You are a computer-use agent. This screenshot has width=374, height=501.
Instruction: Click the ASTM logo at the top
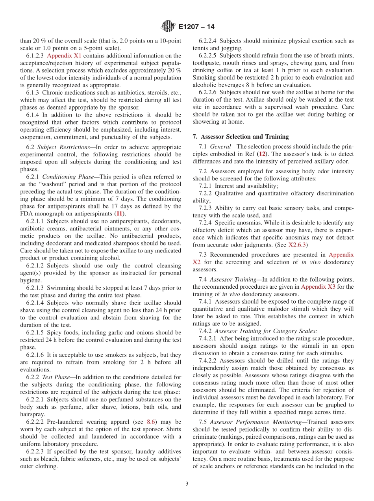pyautogui.click(x=168, y=27)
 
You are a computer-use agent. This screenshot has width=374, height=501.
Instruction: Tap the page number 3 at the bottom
pyautogui.click(x=187, y=484)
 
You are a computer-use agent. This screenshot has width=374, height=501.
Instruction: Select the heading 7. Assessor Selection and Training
pyautogui.click(x=241, y=137)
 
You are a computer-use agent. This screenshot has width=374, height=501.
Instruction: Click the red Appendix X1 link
pyautogui.click(x=64, y=56)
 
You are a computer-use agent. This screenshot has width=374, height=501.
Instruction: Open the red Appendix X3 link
pyautogui.click(x=318, y=287)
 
